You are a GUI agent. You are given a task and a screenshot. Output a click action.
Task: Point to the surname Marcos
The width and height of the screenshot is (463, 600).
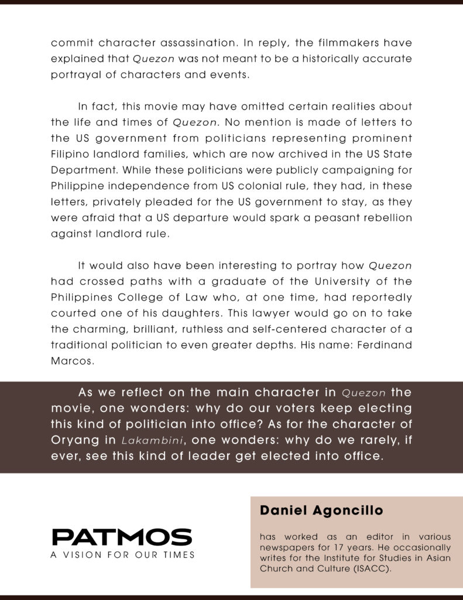72,361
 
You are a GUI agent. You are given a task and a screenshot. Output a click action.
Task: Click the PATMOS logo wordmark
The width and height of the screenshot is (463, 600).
122,537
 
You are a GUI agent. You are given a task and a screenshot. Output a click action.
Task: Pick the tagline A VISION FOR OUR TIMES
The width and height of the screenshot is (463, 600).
122,554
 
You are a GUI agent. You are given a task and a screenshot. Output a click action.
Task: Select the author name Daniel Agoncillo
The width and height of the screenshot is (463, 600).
321,510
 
